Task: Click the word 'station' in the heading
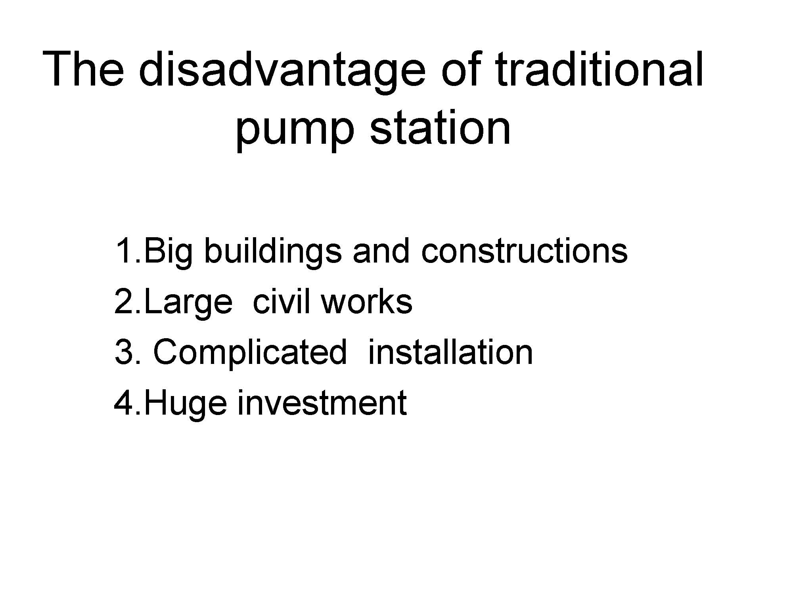point(440,124)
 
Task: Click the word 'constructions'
point(524,251)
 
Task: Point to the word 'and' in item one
point(381,251)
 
